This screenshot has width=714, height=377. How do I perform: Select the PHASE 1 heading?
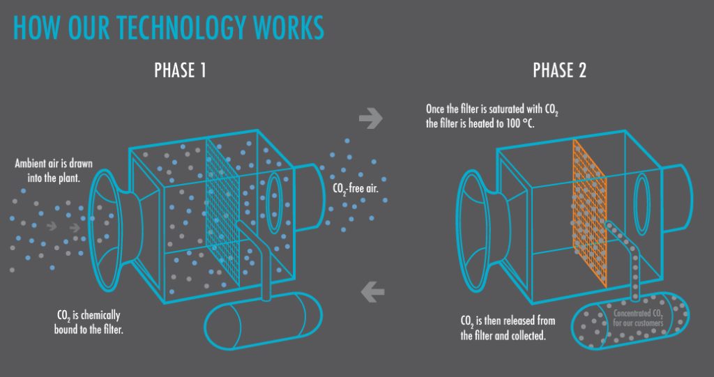point(179,70)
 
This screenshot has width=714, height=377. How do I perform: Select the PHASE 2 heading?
point(559,70)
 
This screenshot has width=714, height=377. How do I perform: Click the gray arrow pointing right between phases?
point(371,120)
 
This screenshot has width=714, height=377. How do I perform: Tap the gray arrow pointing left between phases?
point(372,291)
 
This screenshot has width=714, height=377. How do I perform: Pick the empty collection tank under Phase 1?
point(264,321)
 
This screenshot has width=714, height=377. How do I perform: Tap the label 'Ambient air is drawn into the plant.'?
point(54,170)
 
